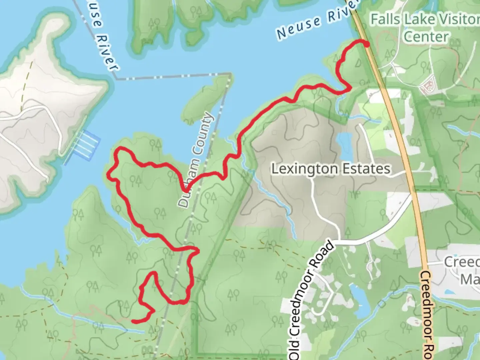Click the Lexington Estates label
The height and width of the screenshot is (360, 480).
330,169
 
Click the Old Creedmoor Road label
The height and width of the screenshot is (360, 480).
311,300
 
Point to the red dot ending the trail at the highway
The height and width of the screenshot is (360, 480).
367,44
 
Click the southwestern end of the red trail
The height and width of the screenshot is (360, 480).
133,321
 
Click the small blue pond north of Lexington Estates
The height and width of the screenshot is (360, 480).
344,142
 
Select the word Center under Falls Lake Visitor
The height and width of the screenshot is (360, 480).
426,37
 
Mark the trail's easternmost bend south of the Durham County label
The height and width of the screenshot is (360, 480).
198,250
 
